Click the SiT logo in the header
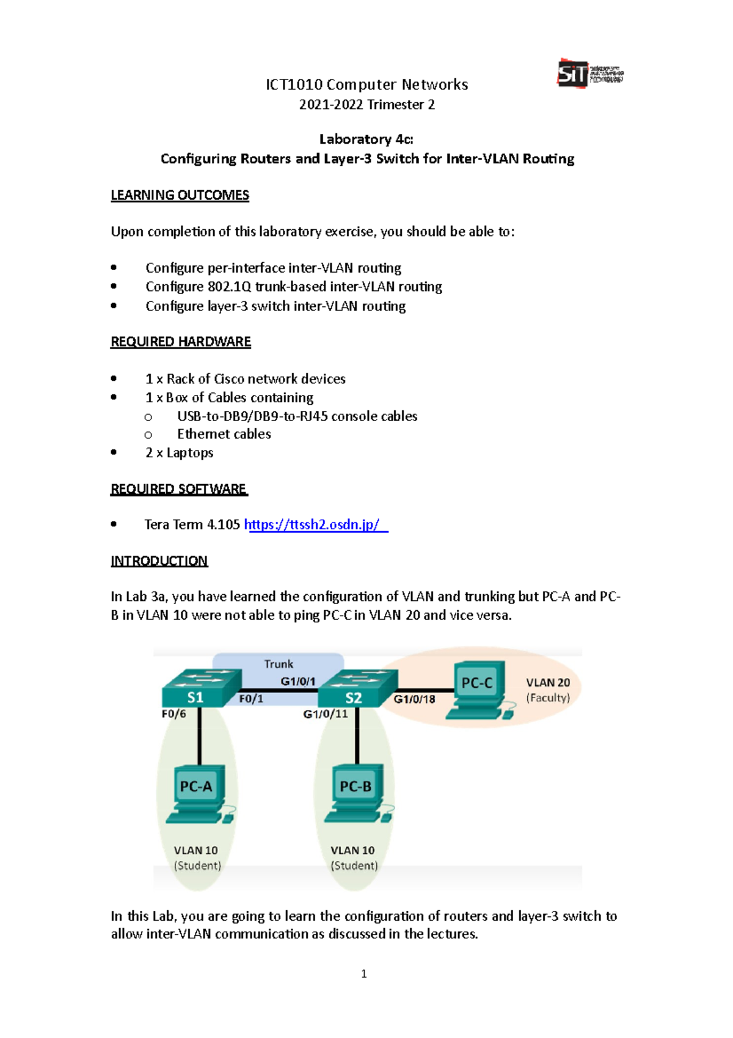click(x=589, y=74)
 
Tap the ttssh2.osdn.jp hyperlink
click(x=315, y=525)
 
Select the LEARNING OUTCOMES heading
click(x=180, y=195)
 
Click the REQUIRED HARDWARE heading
click(x=180, y=342)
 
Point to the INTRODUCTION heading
click(x=159, y=561)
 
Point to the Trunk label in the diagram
click(x=279, y=664)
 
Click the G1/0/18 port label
click(x=414, y=699)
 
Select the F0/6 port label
click(x=173, y=714)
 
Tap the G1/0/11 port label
click(x=325, y=714)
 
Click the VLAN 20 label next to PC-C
click(x=548, y=683)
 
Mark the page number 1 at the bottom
click(x=364, y=974)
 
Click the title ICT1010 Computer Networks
click(x=366, y=84)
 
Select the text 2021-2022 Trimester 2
click(x=366, y=105)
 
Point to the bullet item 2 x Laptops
click(x=179, y=453)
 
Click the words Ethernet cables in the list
click(x=224, y=434)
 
